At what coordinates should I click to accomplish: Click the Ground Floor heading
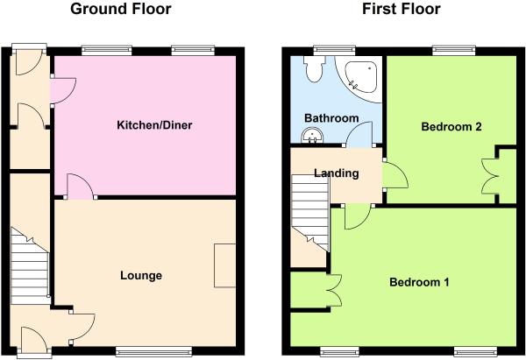click(121, 9)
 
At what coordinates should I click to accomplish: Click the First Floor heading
click(402, 9)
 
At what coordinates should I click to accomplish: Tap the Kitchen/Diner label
click(154, 125)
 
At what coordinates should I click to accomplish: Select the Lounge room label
click(141, 276)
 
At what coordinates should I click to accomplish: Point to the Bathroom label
click(331, 118)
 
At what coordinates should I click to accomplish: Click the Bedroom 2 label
click(451, 127)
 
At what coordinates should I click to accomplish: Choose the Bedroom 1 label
click(419, 282)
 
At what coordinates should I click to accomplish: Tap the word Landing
click(337, 173)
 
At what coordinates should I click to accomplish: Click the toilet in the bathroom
click(314, 68)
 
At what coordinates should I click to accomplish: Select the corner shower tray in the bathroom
click(362, 76)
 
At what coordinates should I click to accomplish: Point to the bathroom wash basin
click(312, 136)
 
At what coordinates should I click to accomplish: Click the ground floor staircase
click(30, 266)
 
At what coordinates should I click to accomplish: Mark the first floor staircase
click(309, 213)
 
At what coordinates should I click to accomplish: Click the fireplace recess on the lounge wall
click(224, 265)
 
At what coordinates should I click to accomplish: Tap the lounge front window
click(154, 351)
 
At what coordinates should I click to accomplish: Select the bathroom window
click(335, 50)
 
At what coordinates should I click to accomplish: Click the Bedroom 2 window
click(454, 50)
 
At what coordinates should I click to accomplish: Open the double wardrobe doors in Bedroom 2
click(490, 176)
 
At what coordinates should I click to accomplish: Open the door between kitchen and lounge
click(81, 187)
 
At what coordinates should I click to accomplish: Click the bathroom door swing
click(359, 134)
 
